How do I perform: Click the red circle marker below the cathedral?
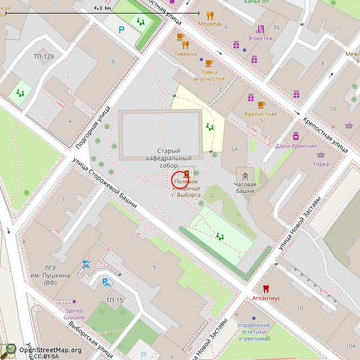click(x=179, y=180)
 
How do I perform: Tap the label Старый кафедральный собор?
click(x=169, y=158)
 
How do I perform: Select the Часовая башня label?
click(x=245, y=187)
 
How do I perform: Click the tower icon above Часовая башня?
click(x=245, y=177)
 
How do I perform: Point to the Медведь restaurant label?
click(x=210, y=24)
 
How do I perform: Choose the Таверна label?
click(x=186, y=54)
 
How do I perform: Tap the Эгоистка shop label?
click(x=260, y=38)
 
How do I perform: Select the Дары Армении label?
click(x=296, y=146)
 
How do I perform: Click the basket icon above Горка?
click(x=321, y=155)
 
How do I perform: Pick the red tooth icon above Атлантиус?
click(x=266, y=289)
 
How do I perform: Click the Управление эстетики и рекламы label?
click(x=254, y=332)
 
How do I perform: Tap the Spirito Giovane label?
click(x=73, y=314)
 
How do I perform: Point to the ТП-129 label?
click(x=43, y=56)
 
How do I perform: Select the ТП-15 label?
click(x=114, y=300)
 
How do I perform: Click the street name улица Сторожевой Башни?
click(x=104, y=183)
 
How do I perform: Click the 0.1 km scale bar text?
click(x=102, y=8)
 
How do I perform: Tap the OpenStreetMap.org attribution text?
click(x=50, y=350)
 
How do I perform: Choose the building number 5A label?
click(x=235, y=149)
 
